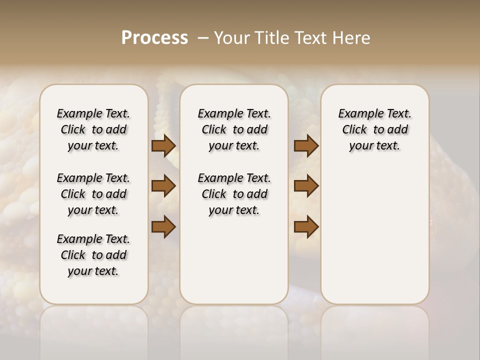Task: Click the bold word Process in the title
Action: tap(154, 38)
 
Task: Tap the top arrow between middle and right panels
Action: tap(306, 145)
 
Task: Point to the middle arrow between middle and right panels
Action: tap(306, 186)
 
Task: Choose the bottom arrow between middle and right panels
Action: tap(306, 227)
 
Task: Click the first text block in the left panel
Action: tap(93, 129)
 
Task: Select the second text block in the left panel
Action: tap(93, 194)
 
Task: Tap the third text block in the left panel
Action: tap(93, 255)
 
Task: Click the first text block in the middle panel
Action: tap(234, 129)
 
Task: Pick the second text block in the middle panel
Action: tap(234, 194)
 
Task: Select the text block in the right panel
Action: tap(374, 129)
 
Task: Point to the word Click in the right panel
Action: tap(354, 130)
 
